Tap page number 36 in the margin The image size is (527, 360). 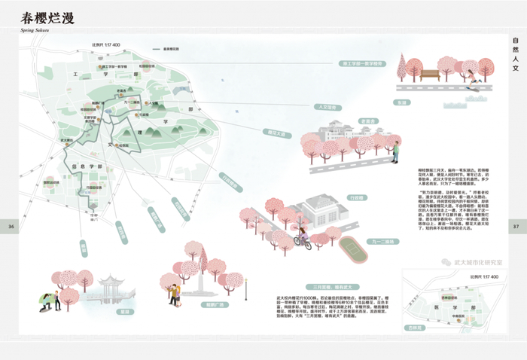(x=11, y=226)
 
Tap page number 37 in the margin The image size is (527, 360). (x=516, y=226)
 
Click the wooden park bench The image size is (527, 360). (x=430, y=75)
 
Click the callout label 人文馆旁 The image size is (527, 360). (x=329, y=106)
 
